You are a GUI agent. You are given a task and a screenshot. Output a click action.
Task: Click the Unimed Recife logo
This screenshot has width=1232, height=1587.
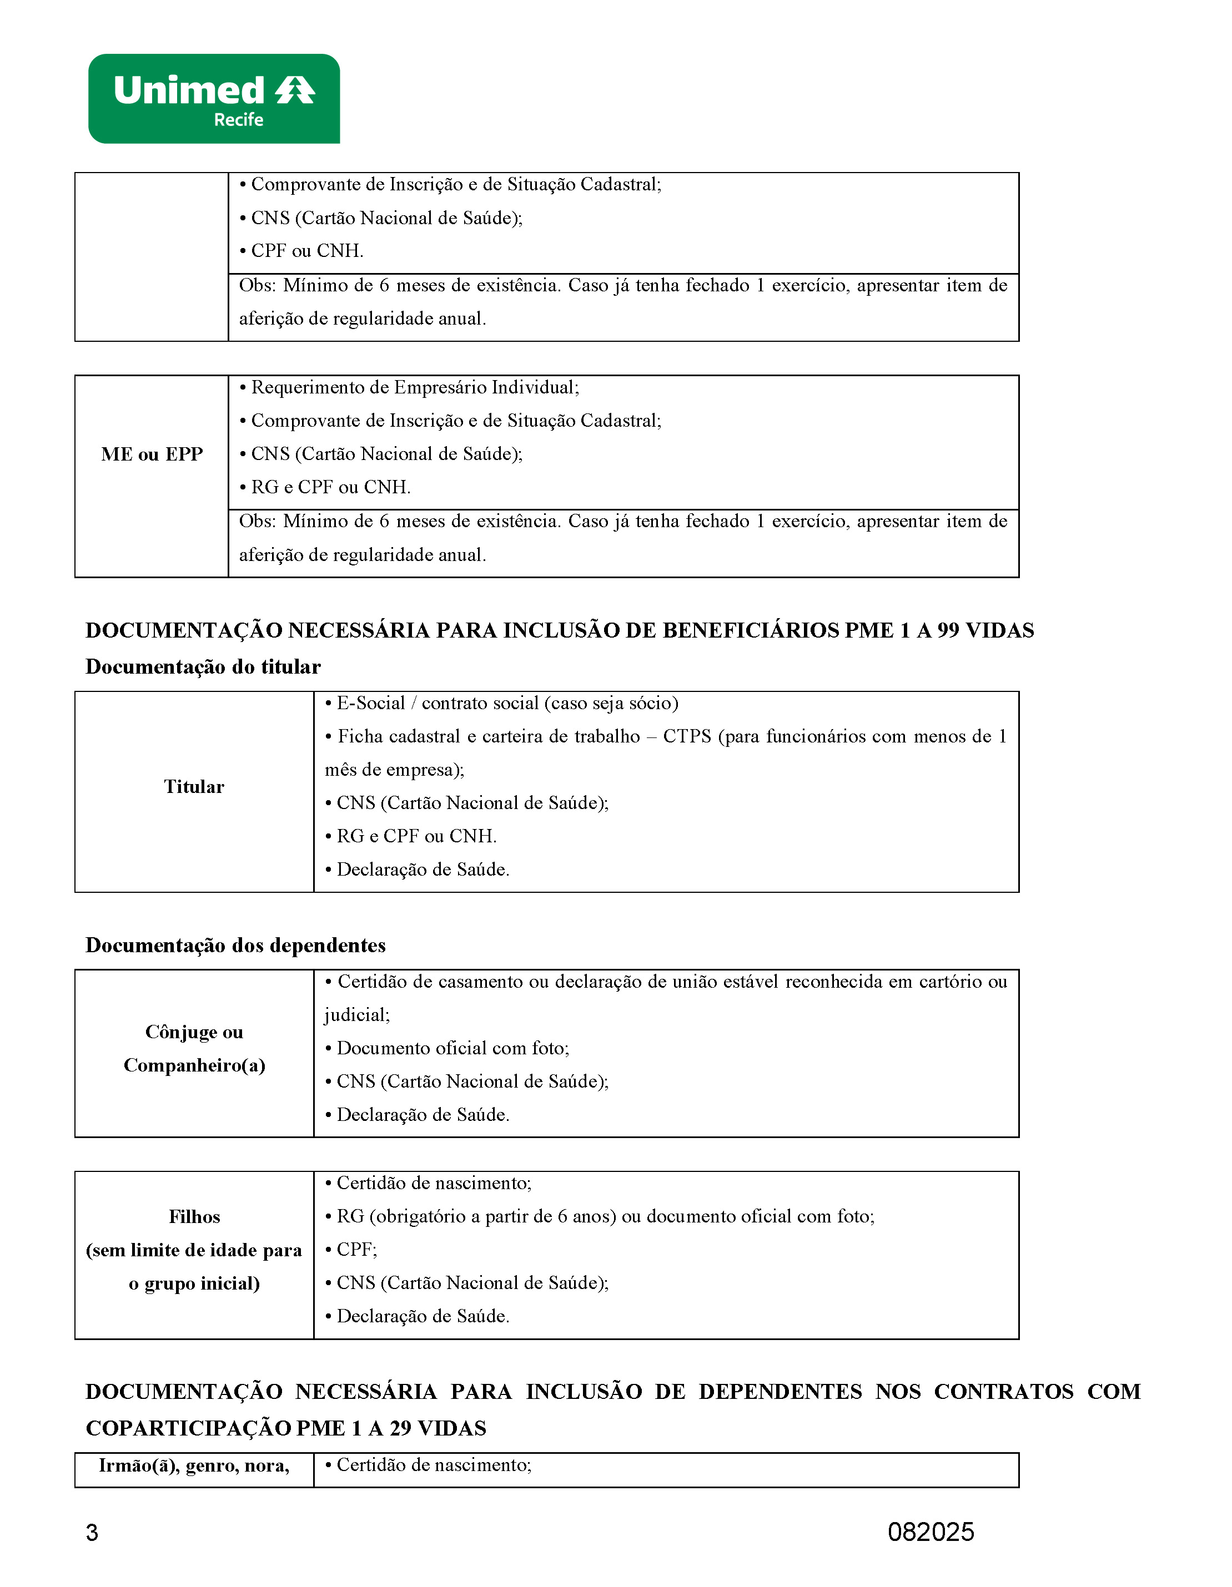point(214,98)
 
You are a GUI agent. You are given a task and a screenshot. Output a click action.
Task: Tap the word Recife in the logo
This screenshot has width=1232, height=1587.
point(238,120)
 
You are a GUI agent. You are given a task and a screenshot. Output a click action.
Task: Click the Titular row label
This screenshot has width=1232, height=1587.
point(194,787)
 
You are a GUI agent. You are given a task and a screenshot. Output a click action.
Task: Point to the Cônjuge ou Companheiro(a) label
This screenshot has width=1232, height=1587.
point(194,1049)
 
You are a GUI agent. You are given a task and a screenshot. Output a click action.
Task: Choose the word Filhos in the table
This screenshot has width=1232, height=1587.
point(194,1216)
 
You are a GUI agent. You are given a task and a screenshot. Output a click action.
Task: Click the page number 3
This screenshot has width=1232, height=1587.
point(92,1533)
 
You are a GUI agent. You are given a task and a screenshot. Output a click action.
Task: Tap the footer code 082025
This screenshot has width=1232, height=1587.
point(931,1532)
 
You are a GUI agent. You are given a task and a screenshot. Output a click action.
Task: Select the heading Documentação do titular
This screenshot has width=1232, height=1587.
point(203,666)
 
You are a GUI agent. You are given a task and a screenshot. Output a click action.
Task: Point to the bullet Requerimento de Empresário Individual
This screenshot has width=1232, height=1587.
point(414,387)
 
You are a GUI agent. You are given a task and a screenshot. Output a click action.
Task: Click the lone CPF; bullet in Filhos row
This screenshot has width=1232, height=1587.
point(356,1249)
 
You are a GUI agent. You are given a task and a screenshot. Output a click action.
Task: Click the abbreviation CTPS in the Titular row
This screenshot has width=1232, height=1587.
point(686,736)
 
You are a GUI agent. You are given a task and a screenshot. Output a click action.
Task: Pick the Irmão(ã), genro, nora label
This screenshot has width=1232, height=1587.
point(194,1465)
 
